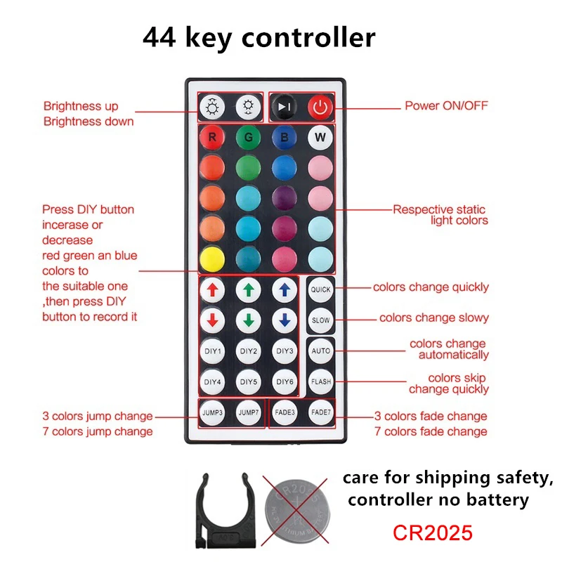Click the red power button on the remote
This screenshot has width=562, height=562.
point(320,107)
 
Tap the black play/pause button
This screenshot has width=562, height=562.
point(284,107)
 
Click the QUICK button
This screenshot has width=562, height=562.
point(320,289)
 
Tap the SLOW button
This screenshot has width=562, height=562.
point(320,320)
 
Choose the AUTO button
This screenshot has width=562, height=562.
point(320,351)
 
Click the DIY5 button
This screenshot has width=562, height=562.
point(248,381)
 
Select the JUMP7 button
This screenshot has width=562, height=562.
point(248,412)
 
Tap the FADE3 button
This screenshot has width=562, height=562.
point(284,412)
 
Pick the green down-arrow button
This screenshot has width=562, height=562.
point(248,320)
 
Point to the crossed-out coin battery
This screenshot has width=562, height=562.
point(294,507)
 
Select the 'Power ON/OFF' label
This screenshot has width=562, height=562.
point(446,106)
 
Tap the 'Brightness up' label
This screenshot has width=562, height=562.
point(81,107)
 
